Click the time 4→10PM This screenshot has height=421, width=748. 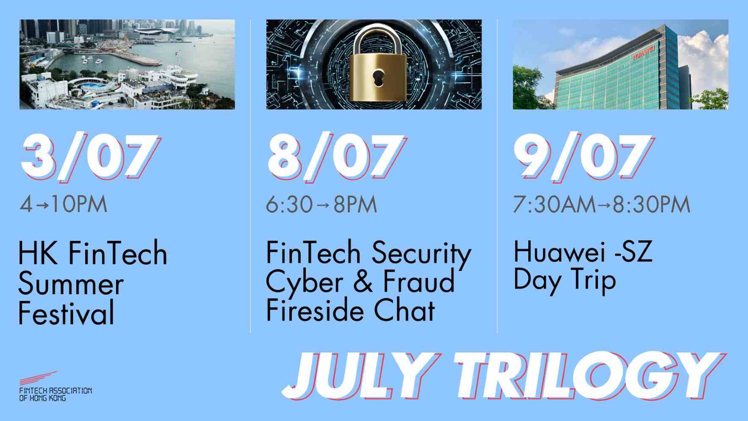pos(64,205)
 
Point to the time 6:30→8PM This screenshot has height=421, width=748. pos(321,205)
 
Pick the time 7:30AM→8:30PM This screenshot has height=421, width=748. pos(602,205)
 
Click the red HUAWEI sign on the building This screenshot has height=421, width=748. pos(643,55)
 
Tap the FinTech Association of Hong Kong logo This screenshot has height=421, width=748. pos(55,386)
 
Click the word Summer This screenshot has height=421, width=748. pos(71,284)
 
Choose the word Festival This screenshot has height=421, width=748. pos(66,313)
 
